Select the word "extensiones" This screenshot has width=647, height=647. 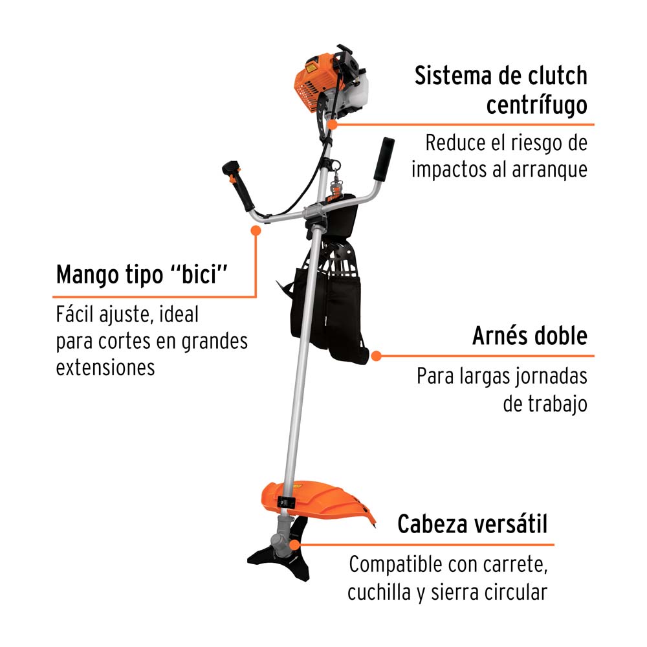105,367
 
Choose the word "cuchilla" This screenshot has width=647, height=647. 376,592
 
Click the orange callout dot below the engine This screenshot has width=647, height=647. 332,124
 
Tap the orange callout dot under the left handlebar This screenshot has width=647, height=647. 257,229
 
